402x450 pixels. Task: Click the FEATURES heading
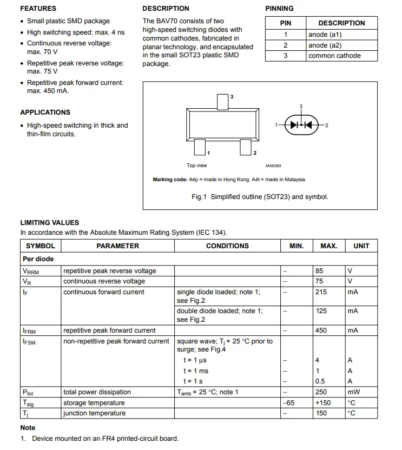click(x=38, y=9)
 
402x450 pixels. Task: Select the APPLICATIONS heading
click(x=45, y=112)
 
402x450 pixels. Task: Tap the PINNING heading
click(x=279, y=9)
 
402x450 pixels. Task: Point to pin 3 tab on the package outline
click(x=223, y=101)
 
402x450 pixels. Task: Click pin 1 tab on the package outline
click(x=200, y=147)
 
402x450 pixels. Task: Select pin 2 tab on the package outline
click(x=246, y=147)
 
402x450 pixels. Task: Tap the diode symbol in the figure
click(x=301, y=125)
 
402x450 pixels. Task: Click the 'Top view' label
click(x=197, y=166)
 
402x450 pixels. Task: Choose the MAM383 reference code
click(x=273, y=166)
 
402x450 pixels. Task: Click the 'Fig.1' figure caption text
click(x=260, y=197)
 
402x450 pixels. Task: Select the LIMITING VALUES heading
click(x=49, y=223)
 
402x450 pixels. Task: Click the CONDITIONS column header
click(x=227, y=246)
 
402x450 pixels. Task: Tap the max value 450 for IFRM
click(x=321, y=330)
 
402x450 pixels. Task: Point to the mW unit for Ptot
click(x=353, y=392)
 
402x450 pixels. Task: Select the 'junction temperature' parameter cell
click(x=94, y=413)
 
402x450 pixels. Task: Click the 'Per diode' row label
click(x=38, y=259)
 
